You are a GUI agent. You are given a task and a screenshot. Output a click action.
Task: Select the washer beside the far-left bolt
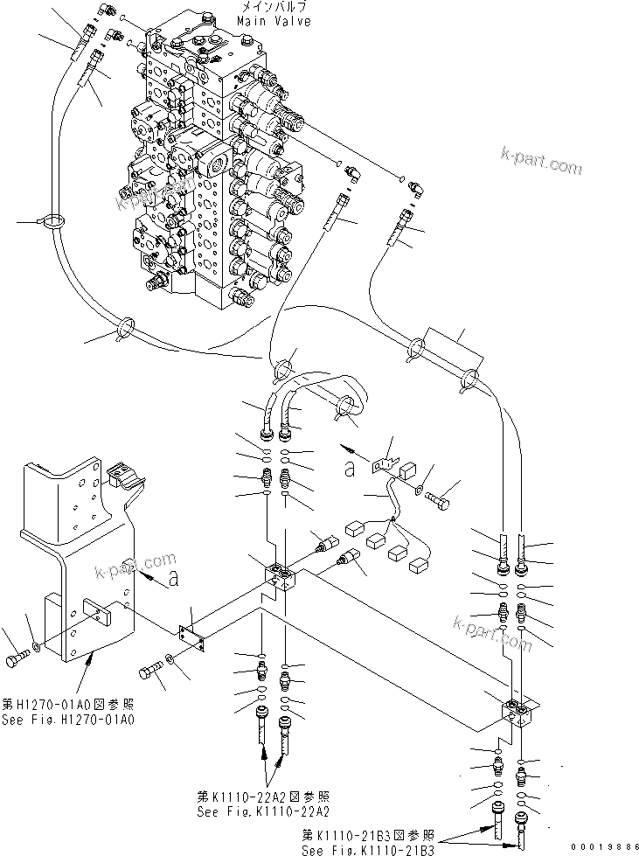pyautogui.click(x=35, y=647)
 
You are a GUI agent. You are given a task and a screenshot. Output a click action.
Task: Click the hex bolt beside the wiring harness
pyautogui.click(x=439, y=502)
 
